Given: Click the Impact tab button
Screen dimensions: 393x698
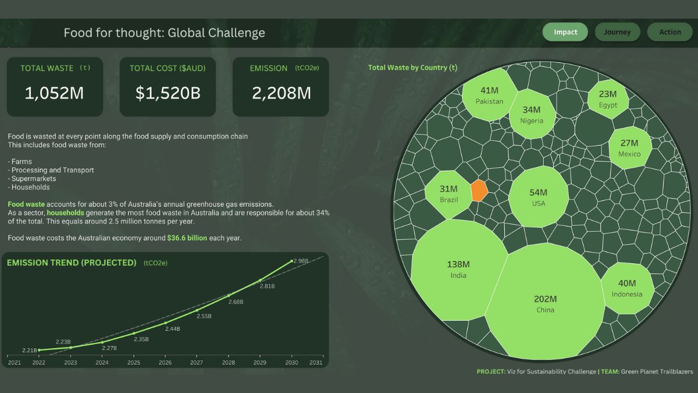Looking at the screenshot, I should [565, 32].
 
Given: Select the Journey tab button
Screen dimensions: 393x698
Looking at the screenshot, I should [617, 32].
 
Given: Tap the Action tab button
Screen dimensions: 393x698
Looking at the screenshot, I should [669, 32].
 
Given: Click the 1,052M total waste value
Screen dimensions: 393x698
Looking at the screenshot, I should [55, 93].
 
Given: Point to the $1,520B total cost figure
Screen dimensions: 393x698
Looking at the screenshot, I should [168, 93].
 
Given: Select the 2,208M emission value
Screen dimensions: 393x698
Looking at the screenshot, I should [281, 93].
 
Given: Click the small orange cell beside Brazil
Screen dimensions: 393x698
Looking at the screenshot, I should [479, 190].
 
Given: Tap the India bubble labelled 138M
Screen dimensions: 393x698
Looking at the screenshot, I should [458, 269].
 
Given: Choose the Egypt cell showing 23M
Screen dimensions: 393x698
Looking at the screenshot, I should [608, 98].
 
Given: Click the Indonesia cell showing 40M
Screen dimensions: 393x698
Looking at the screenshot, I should [627, 288].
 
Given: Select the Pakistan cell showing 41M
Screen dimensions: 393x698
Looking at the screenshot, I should [489, 95].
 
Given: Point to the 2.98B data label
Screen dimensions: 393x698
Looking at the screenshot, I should [301, 261].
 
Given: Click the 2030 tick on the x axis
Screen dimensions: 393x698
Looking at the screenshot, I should [291, 362].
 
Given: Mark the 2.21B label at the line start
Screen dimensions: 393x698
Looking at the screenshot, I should [29, 350].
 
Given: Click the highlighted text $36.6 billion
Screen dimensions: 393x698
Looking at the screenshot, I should [187, 238].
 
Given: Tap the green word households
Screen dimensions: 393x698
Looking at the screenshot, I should [65, 213].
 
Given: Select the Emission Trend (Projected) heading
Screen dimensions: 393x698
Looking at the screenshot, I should [72, 263].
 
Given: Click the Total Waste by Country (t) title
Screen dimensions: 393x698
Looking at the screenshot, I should [412, 68].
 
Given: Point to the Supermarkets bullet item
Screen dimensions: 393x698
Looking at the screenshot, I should [34, 179].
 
